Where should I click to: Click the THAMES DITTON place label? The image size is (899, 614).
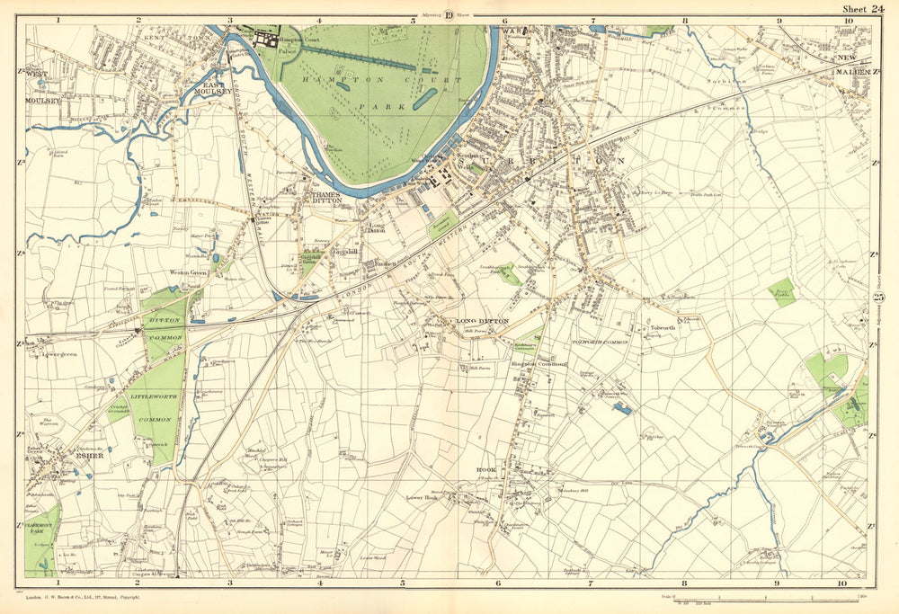click(x=322, y=198)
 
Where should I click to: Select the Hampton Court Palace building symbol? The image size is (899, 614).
click(x=268, y=39)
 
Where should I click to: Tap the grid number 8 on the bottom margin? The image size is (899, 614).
click(x=685, y=583)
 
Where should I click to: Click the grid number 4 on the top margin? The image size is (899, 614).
click(x=320, y=18)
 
